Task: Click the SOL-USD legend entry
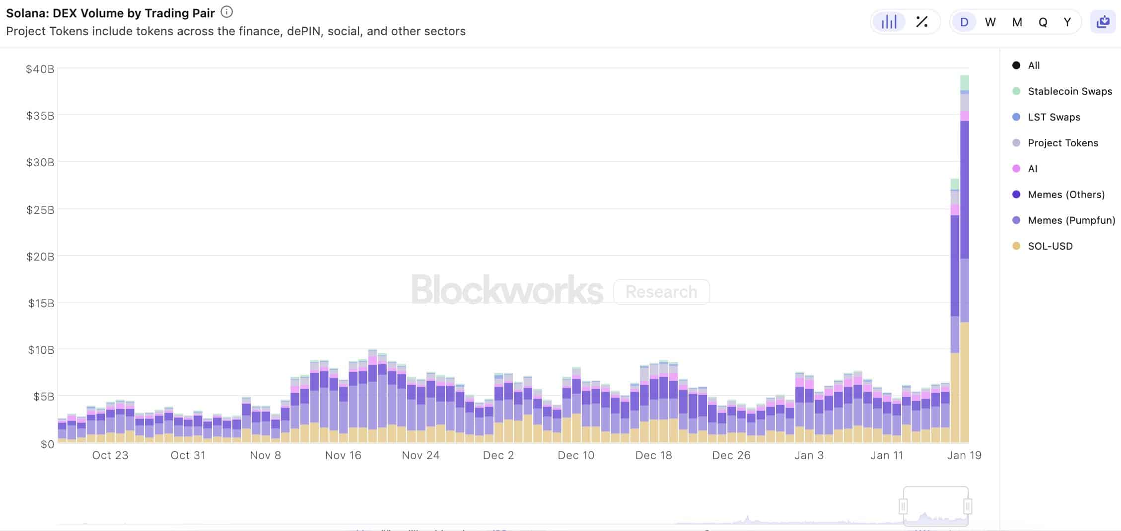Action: click(1050, 246)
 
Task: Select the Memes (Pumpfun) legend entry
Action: click(1071, 220)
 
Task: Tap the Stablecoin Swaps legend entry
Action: click(1069, 91)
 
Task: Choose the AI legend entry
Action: click(1032, 169)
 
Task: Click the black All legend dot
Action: click(1016, 66)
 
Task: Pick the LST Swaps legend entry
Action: click(1053, 117)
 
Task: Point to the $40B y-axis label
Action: click(40, 69)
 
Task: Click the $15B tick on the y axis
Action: click(41, 303)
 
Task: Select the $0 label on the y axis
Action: click(47, 444)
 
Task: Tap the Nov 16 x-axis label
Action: click(343, 455)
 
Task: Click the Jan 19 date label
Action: click(964, 455)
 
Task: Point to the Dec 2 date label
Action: click(498, 455)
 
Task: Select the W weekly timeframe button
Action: click(990, 22)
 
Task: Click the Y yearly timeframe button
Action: click(1067, 22)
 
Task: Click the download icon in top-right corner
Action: click(1103, 22)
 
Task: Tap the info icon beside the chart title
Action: click(226, 12)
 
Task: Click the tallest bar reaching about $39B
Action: click(965, 258)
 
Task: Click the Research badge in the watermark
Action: click(661, 292)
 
